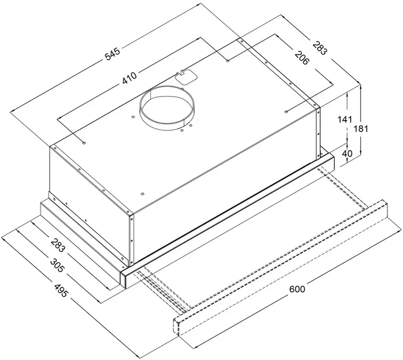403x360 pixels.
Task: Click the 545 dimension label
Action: (113, 54)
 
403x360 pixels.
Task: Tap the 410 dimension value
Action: (129, 78)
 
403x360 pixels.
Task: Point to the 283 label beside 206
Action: (320, 48)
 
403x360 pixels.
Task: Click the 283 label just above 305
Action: (57, 245)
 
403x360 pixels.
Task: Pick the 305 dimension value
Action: (57, 266)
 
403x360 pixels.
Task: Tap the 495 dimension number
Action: (61, 290)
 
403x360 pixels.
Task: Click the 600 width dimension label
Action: (297, 289)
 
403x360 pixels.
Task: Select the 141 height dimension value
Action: (345, 119)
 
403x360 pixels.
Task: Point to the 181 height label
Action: (361, 129)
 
